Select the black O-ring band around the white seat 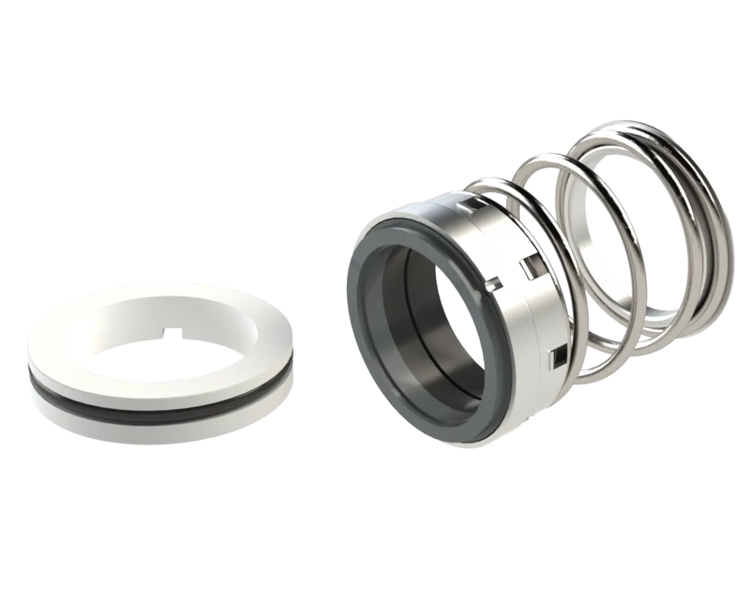click(x=156, y=412)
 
